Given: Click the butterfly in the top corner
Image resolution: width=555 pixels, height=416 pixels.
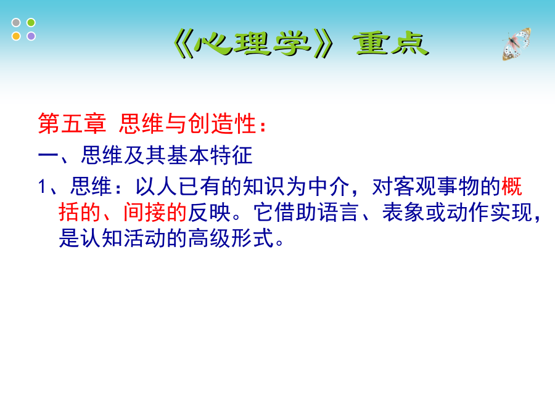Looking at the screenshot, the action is (517, 44).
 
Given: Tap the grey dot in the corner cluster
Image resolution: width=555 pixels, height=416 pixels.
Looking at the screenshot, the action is (16, 23).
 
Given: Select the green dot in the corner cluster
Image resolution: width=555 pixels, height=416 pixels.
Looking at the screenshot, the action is (31, 23).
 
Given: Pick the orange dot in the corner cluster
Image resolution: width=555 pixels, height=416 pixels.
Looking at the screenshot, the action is (16, 36).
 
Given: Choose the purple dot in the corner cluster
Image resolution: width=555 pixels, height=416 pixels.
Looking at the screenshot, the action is (31, 36).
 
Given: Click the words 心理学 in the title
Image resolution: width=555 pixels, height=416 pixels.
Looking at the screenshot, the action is (253, 44).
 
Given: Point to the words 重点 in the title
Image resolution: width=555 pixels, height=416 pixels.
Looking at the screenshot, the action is (391, 44).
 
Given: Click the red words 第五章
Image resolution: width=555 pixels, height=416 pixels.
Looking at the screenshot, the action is (72, 123).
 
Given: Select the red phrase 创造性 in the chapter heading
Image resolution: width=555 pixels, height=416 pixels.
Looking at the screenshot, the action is (222, 123).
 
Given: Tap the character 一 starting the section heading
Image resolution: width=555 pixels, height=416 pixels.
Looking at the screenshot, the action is (48, 155).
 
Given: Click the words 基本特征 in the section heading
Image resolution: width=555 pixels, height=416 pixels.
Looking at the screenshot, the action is (210, 155).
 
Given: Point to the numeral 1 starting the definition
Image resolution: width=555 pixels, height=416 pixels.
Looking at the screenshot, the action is (42, 186).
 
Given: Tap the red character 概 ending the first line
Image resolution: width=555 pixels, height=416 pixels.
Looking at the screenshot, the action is (512, 186).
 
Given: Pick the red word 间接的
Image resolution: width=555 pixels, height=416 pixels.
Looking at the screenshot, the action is (155, 212).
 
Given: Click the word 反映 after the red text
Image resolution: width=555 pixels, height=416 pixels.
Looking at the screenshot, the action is (209, 212).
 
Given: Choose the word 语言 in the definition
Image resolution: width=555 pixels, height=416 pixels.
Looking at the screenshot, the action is (338, 212).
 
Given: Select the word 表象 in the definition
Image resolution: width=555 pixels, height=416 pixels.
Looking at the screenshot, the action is (403, 212).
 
